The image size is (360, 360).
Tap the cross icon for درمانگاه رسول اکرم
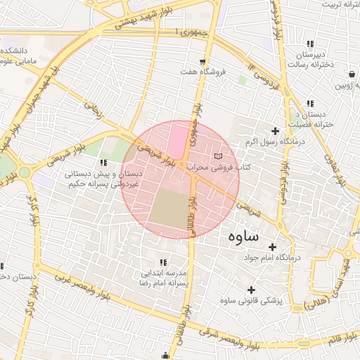pos(275,130)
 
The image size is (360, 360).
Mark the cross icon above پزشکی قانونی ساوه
pos(251,290)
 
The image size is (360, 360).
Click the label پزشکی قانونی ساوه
pos(251,301)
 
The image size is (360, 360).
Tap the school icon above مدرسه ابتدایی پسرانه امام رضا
pos(163,262)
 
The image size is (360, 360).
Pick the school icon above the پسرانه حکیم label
pos(104,162)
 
